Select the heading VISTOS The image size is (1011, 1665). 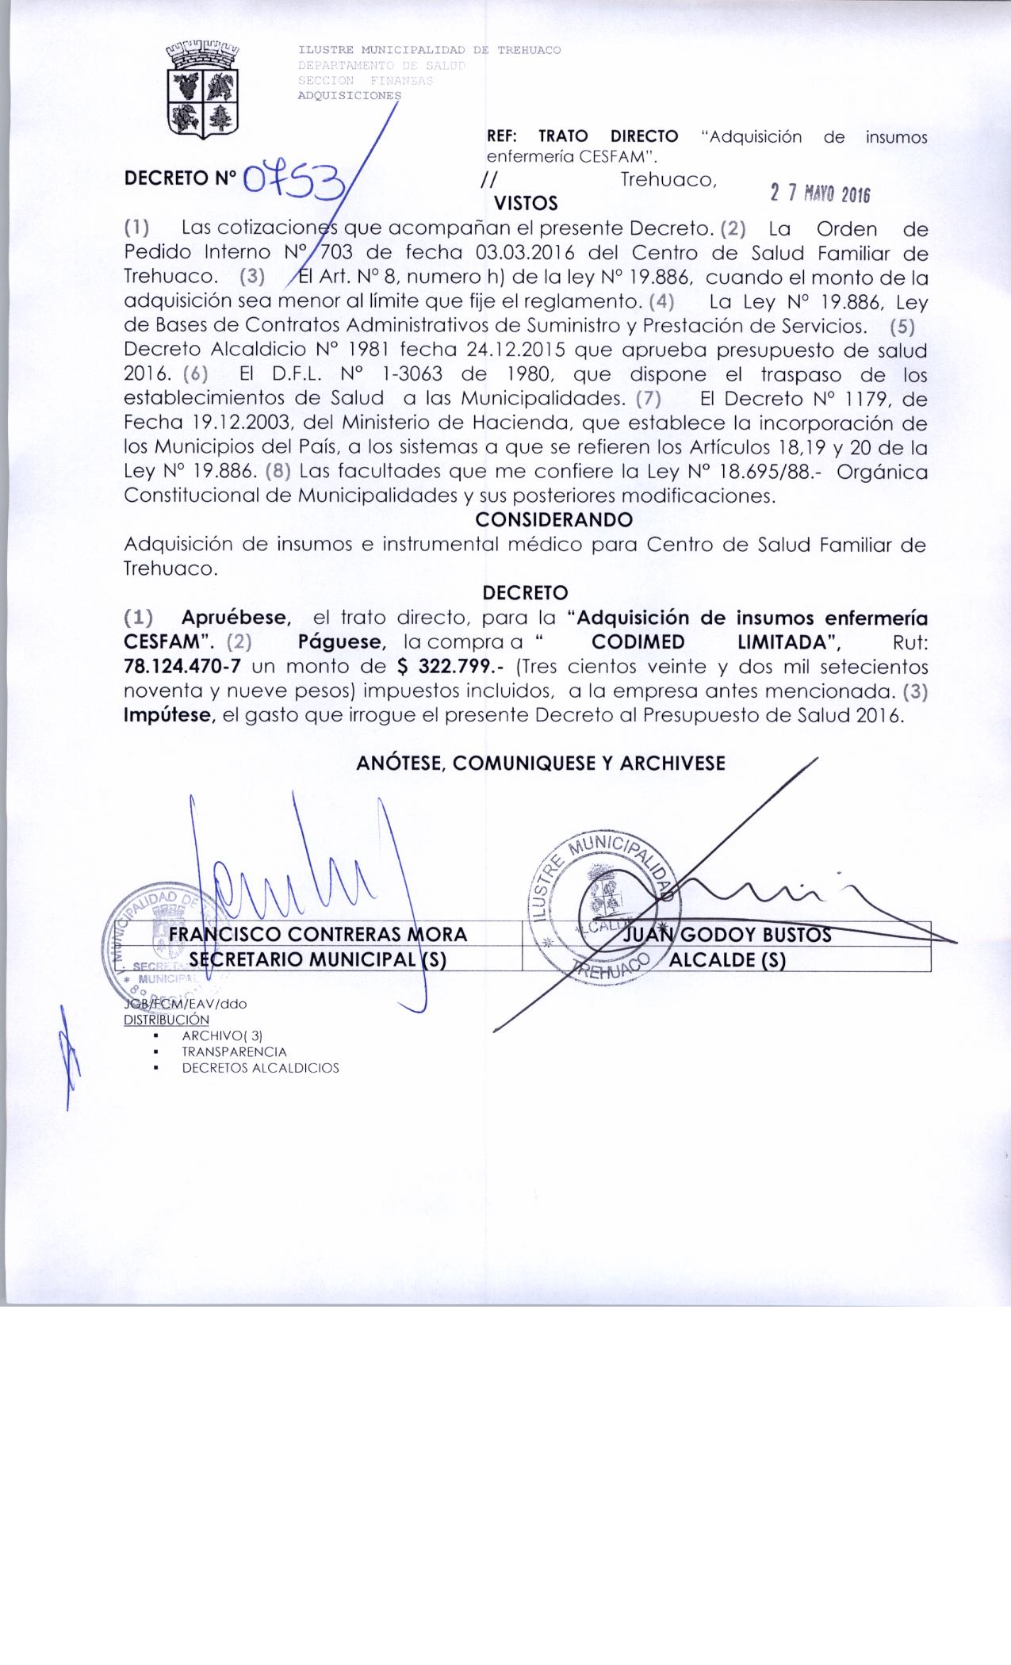[526, 205]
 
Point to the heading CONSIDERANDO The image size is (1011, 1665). [553, 520]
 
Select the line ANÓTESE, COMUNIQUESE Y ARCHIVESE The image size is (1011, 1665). [541, 763]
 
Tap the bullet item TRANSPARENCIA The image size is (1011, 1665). [234, 1051]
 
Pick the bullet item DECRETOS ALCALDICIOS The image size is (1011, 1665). [260, 1068]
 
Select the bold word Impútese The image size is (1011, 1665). [170, 715]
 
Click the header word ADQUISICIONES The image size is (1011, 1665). [350, 95]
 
